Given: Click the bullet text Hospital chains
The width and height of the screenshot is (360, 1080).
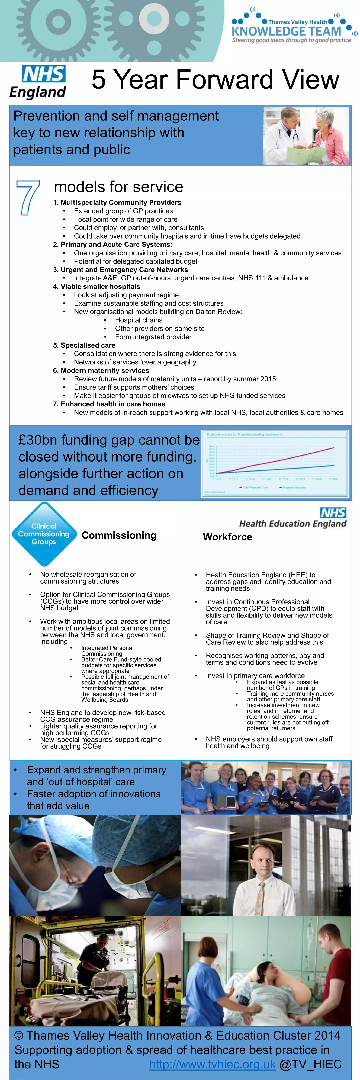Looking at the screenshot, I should coord(139,320).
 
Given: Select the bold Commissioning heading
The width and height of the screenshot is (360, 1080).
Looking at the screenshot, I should coord(119,535).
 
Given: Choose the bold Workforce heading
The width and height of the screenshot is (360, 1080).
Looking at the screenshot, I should coord(228,537).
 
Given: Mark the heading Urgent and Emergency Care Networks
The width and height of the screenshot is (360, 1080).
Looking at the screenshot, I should coord(120,270).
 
